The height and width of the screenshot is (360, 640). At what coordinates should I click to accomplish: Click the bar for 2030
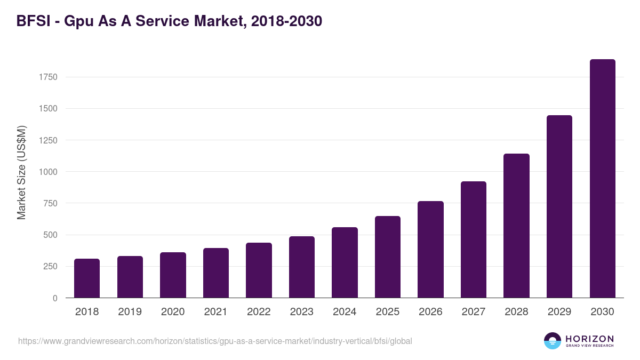click(x=602, y=179)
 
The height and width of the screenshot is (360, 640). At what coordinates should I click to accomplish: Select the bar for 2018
click(x=87, y=278)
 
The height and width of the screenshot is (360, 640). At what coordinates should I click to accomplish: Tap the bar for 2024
click(x=345, y=262)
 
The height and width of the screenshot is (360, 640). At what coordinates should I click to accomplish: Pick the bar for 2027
click(x=474, y=239)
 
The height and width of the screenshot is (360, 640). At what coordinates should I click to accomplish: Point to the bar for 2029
click(x=559, y=206)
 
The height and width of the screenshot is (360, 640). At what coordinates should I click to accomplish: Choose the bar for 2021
click(x=216, y=273)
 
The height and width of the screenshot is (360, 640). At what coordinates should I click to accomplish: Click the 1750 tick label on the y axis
click(x=48, y=77)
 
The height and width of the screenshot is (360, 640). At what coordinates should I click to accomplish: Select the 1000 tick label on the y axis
click(x=48, y=172)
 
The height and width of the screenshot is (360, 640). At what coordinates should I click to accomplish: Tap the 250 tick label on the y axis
click(x=50, y=267)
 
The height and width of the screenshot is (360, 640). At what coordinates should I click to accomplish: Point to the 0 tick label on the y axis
click(x=55, y=298)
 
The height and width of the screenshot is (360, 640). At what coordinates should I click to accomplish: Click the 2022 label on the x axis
click(x=259, y=312)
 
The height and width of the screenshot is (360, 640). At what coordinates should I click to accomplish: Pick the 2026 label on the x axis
click(x=430, y=312)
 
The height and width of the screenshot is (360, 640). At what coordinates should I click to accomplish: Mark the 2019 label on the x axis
click(x=130, y=312)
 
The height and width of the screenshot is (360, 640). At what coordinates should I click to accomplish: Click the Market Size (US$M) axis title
click(x=21, y=172)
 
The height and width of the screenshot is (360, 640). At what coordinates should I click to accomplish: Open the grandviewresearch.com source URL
click(x=215, y=341)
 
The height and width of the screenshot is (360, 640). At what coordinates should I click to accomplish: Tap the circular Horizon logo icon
click(x=553, y=341)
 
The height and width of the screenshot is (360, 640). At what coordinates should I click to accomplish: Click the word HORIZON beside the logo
click(x=589, y=339)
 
